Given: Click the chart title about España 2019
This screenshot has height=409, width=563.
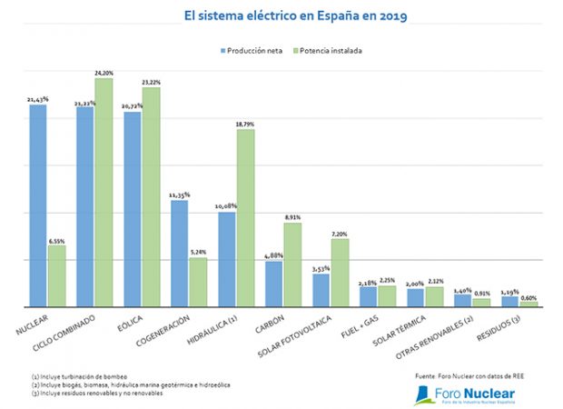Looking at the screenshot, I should click(x=281, y=15).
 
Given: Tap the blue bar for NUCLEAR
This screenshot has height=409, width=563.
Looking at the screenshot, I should click(x=38, y=205).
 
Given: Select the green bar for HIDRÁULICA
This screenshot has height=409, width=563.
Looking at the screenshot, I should click(x=245, y=218).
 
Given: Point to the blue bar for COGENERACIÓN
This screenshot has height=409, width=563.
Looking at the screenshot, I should click(x=180, y=254).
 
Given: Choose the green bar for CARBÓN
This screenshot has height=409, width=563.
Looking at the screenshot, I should click(x=292, y=264).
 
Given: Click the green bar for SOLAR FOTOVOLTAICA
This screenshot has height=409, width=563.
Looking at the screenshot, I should click(x=340, y=273).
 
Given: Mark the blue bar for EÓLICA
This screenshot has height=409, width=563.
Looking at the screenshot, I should click(x=133, y=209).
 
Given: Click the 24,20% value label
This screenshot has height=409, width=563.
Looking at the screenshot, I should click(x=104, y=72).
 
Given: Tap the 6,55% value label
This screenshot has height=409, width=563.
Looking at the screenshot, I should click(x=57, y=239).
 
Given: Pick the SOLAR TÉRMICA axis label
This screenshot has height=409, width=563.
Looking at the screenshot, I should click(x=425, y=329).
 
